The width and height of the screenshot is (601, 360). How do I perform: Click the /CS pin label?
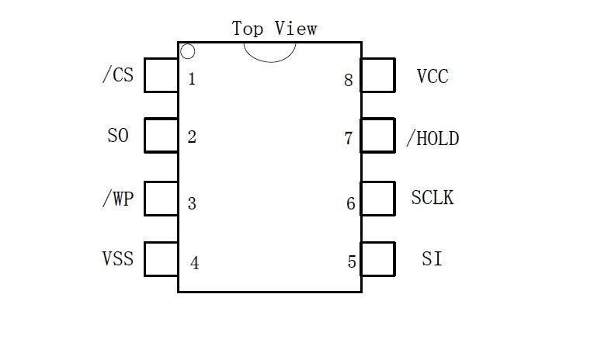[117, 76]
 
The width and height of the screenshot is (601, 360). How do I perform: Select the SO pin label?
[118, 136]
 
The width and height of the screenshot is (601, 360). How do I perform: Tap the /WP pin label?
[117, 199]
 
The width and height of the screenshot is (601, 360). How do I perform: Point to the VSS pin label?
[117, 258]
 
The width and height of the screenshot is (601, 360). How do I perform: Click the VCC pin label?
[433, 77]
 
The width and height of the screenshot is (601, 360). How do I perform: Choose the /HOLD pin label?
[433, 138]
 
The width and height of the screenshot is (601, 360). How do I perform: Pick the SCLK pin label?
[433, 197]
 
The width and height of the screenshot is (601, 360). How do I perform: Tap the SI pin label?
[433, 259]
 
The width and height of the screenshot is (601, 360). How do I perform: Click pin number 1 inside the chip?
[192, 78]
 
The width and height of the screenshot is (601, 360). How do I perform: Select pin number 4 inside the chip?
[194, 264]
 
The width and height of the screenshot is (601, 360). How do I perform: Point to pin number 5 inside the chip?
[351, 262]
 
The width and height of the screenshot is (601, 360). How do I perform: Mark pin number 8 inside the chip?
[349, 79]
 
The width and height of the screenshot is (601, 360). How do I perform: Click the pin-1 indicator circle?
[187, 52]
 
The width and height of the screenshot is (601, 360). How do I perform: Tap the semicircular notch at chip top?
[269, 51]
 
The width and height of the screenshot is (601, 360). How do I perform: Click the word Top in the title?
[248, 29]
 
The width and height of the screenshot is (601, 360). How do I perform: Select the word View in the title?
[296, 29]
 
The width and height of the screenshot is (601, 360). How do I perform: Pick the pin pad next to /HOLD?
[378, 136]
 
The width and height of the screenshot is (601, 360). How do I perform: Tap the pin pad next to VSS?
[162, 258]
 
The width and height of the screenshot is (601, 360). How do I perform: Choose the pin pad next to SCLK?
[378, 198]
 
